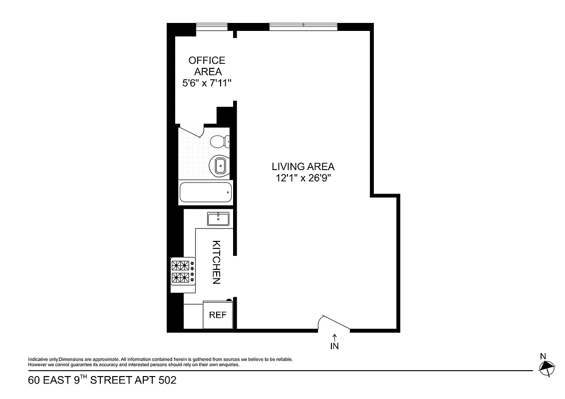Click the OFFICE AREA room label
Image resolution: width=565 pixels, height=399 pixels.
(207, 66)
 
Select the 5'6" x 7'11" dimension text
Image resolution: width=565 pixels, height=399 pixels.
(207, 83)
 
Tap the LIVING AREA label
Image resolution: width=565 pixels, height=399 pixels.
(303, 167)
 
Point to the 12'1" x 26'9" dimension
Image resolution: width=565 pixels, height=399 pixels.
(303, 179)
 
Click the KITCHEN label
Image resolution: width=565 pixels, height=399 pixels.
(216, 262)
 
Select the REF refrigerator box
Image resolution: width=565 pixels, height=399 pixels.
(218, 315)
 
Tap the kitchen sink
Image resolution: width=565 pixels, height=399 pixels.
(218, 219)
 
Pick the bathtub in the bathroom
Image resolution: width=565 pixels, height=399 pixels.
(205, 192)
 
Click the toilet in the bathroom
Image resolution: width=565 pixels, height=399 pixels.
(219, 142)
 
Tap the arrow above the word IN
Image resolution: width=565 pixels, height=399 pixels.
(334, 338)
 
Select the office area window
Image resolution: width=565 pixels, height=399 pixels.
(212, 26)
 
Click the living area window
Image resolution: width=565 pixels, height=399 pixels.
(303, 26)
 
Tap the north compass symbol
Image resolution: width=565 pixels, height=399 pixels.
(547, 367)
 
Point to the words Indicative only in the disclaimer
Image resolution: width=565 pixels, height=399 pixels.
(43, 360)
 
